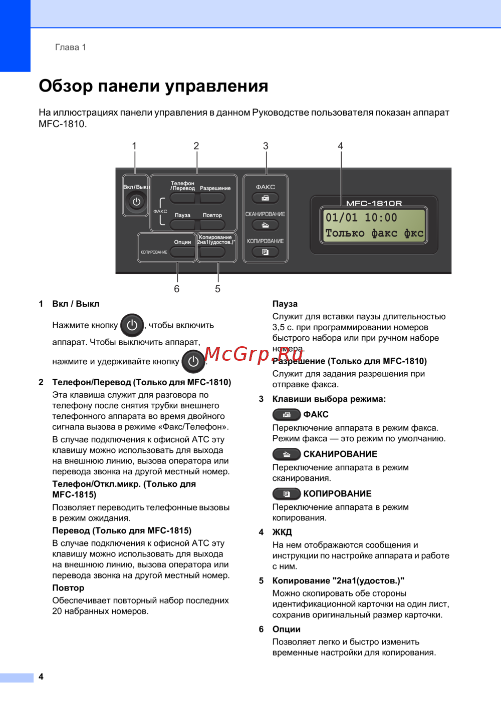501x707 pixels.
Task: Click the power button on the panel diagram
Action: coord(136,202)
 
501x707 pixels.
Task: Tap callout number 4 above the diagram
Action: coord(341,146)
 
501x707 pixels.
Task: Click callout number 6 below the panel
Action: coord(177,289)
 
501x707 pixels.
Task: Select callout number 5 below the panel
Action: coord(218,289)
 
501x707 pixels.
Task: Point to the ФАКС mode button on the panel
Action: coord(265,198)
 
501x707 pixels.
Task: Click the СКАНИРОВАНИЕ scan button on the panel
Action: coord(265,225)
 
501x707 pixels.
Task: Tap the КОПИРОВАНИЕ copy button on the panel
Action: coord(265,252)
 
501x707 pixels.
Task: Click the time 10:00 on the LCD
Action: coord(381,218)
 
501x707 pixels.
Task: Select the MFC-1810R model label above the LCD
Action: coord(374,203)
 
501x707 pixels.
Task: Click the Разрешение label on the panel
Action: coord(215,189)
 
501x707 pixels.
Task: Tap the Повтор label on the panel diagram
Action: coord(212,215)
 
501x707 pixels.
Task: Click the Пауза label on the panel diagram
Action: coord(182,215)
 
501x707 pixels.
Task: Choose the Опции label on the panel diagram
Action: coord(182,242)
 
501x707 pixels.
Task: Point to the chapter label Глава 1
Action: coord(71,48)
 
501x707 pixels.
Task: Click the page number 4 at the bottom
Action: coord(41,676)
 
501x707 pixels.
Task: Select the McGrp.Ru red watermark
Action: coord(254,354)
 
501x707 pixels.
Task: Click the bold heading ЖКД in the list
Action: coord(282,532)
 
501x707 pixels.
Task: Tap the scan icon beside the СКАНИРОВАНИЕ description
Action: coord(287,454)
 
